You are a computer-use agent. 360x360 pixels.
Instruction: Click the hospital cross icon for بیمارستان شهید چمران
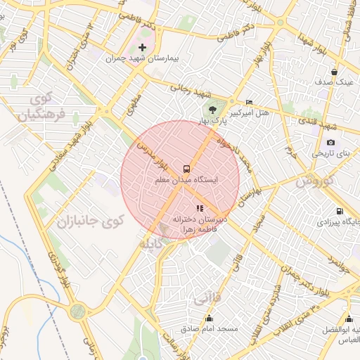click(143, 47)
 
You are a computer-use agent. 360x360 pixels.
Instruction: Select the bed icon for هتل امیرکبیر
click(248, 102)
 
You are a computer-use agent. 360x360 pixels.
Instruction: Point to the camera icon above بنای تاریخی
click(330, 142)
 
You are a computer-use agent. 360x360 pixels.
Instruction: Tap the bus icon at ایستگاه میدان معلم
click(186, 169)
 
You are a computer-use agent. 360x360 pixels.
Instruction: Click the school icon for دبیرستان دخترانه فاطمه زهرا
click(200, 208)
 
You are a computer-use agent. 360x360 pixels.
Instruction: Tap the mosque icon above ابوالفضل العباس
click(347, 317)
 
